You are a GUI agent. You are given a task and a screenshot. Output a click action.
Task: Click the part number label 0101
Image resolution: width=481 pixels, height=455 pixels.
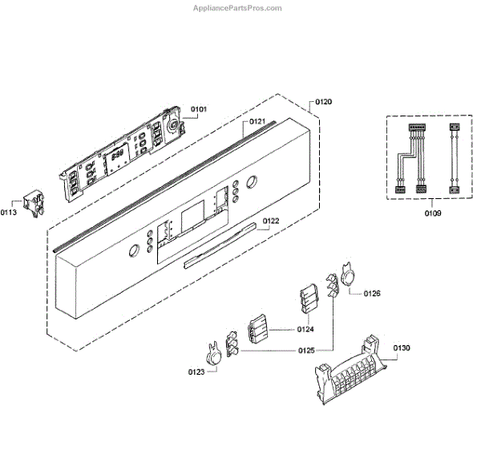(198, 108)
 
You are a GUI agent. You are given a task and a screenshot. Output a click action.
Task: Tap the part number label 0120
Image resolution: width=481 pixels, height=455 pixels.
(323, 102)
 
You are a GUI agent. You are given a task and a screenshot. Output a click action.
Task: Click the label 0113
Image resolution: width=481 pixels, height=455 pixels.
(10, 213)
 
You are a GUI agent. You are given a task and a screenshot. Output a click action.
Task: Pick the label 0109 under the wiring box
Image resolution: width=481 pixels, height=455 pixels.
(432, 214)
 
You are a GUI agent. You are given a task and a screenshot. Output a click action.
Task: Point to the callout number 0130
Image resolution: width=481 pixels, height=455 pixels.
(402, 347)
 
